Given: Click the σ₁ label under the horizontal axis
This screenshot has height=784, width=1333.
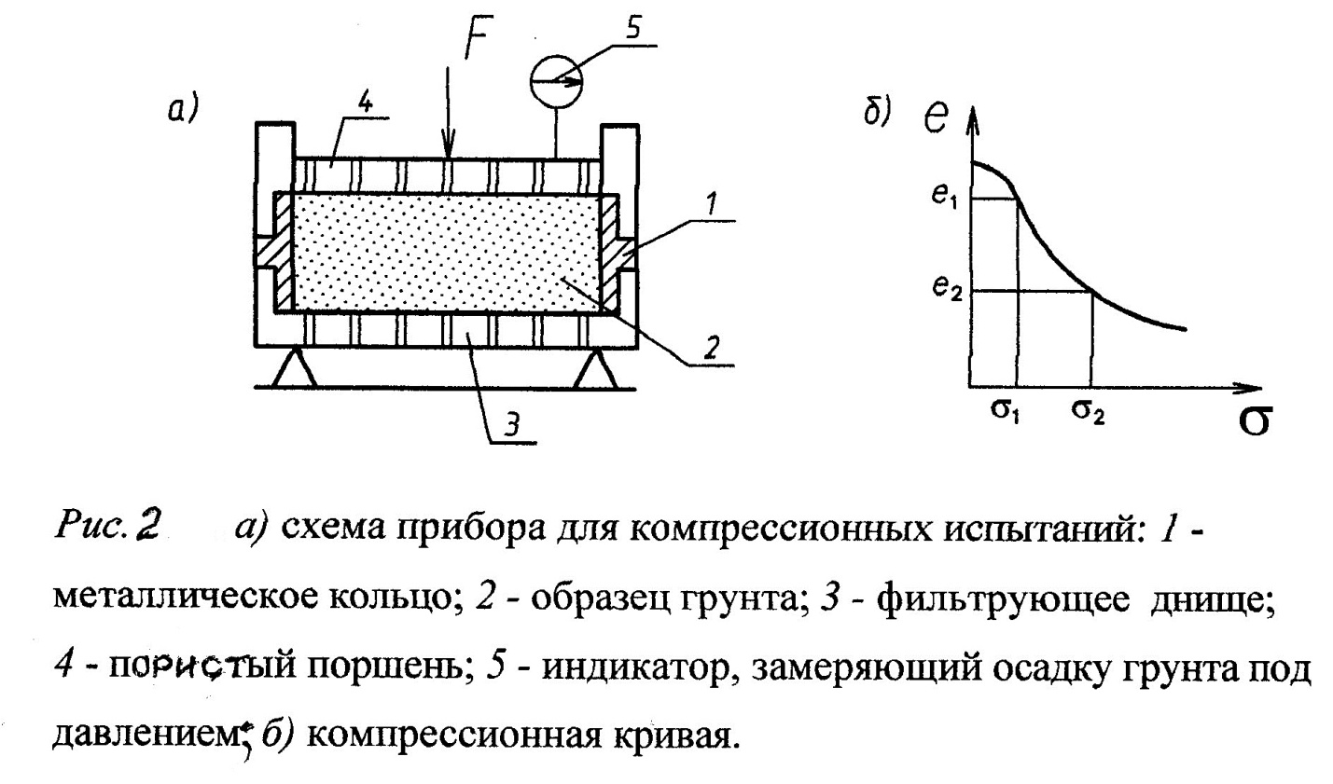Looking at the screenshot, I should click(1003, 413).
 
